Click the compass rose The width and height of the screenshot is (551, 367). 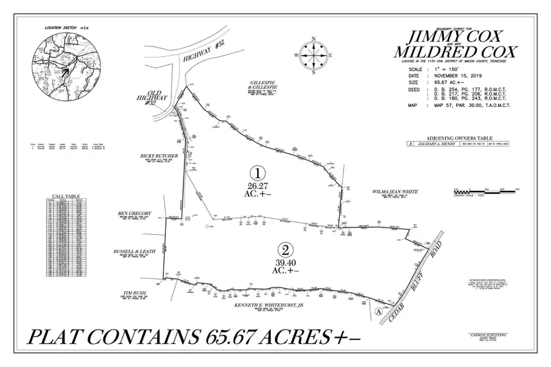coord(314,55)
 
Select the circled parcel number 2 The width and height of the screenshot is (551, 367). coord(285,249)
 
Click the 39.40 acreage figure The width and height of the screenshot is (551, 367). coord(285,262)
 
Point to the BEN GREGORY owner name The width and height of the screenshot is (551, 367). coord(135,213)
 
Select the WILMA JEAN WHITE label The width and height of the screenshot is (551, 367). coord(394,191)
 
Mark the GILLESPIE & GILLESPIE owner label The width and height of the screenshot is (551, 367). coord(263,85)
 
